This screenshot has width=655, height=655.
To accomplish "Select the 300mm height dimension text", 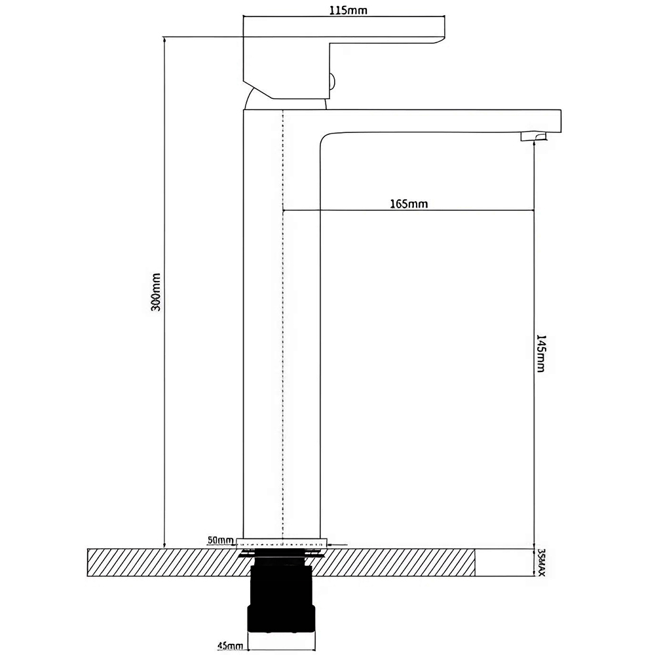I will pos(155,291).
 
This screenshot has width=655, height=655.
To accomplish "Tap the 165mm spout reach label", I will pos(409,204).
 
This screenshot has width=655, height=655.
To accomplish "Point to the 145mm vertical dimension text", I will pos(540,354).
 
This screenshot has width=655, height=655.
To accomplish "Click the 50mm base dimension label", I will pos(220,540).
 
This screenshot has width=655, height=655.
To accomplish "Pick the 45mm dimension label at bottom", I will pos(230,646).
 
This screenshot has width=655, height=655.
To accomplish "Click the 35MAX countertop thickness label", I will pos(541,563).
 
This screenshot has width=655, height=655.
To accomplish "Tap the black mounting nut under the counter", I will pos(282,603).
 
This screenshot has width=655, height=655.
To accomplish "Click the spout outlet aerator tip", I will pos(532,136).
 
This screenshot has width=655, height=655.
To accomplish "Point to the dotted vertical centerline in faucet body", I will pos(283,327).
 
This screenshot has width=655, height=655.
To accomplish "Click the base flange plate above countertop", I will pos(282,542).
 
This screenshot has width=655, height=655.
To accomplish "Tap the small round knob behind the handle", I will pos(332,82).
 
